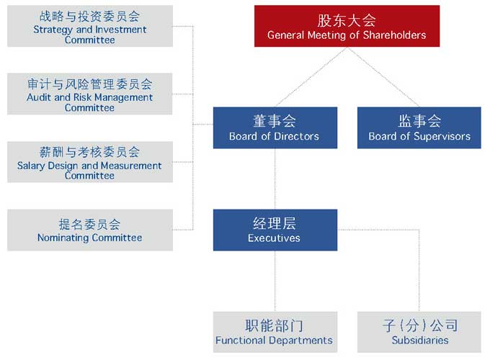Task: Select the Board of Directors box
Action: pyautogui.click(x=275, y=127)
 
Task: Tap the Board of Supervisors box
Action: pyautogui.click(x=419, y=127)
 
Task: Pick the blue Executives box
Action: pyautogui.click(x=275, y=230)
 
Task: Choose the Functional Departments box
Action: pyautogui.click(x=275, y=332)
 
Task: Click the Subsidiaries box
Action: pyautogui.click(x=419, y=332)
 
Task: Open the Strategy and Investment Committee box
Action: pyautogui.click(x=89, y=26)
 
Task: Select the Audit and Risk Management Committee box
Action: pyautogui.click(x=89, y=94)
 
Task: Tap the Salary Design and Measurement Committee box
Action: pyautogui.click(x=89, y=161)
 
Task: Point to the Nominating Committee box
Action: pyautogui.click(x=89, y=230)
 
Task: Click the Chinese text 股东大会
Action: pyautogui.click(x=347, y=20)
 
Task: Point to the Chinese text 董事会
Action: pyautogui.click(x=275, y=121)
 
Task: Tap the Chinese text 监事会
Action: pyautogui.click(x=419, y=121)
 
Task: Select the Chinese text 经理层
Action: pyautogui.click(x=275, y=223)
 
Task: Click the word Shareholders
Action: pyautogui.click(x=395, y=35)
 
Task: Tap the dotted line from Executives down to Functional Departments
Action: pyautogui.click(x=275, y=281)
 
